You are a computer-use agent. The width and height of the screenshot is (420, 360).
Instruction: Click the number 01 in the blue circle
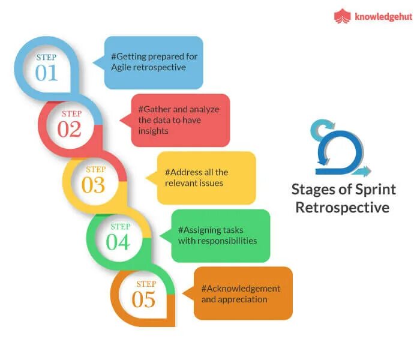point(46,72)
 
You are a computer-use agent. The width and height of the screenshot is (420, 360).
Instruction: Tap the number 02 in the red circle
point(70,128)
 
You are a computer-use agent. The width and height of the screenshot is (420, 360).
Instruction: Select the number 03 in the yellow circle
point(94,185)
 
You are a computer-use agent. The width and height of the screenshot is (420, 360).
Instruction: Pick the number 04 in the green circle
point(119,242)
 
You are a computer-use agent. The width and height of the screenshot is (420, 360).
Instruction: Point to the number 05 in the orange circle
point(144,299)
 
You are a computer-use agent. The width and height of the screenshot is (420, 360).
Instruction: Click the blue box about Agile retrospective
point(154,62)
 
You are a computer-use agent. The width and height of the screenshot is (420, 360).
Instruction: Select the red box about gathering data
point(181,120)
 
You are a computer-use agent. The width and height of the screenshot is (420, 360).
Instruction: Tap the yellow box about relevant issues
point(206,178)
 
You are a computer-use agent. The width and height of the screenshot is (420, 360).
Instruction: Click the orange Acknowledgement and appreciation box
point(243,293)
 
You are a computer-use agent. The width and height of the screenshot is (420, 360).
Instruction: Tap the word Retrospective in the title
point(344,208)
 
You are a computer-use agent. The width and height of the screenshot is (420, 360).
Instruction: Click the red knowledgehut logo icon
point(342,16)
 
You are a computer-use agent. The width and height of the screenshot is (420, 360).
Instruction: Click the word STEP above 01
point(46,57)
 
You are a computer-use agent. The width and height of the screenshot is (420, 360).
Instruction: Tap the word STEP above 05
point(146,284)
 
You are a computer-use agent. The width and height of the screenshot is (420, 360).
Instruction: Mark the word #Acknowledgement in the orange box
point(241,288)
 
